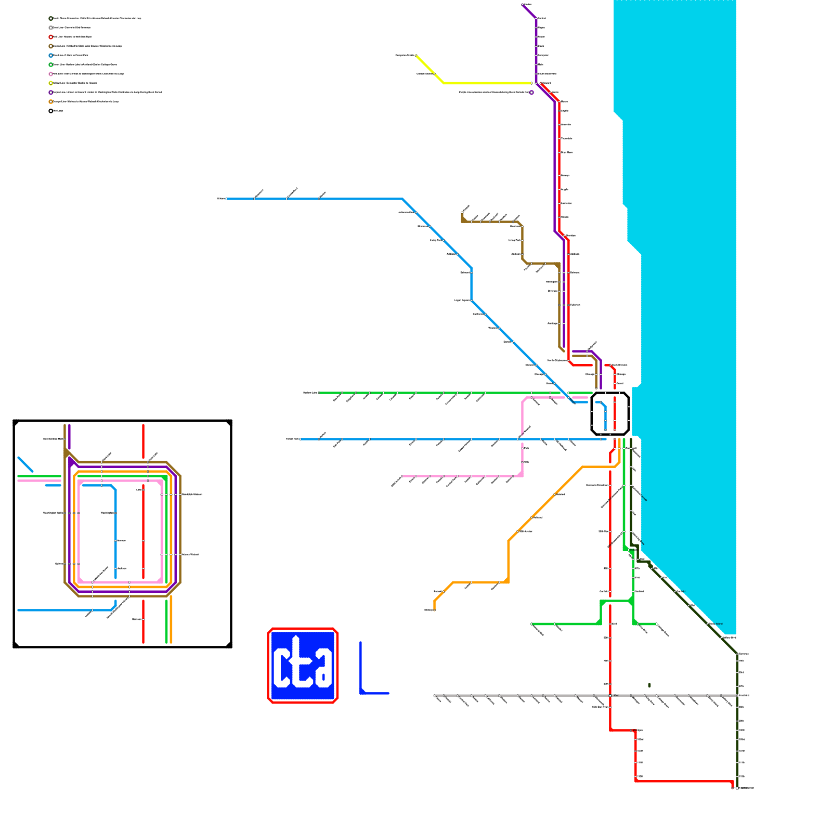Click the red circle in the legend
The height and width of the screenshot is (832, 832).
50,37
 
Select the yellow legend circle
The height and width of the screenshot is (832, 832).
50,83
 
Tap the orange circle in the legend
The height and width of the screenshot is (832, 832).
50,102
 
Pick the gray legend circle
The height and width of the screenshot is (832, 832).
50,28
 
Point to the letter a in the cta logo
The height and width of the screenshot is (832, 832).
323,668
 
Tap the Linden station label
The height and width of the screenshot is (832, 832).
528,5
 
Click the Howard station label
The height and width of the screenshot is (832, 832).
547,83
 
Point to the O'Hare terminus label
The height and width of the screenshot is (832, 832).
220,199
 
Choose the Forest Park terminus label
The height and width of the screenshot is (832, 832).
292,439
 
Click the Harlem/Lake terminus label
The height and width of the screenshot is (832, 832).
310,393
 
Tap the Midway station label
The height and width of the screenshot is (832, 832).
428,610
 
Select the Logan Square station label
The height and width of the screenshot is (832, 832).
462,301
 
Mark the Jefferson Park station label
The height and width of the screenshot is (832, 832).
406,213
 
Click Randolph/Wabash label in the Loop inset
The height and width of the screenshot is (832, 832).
192,495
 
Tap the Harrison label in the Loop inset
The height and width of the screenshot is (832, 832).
137,619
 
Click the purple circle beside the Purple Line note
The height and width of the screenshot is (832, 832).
531,93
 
